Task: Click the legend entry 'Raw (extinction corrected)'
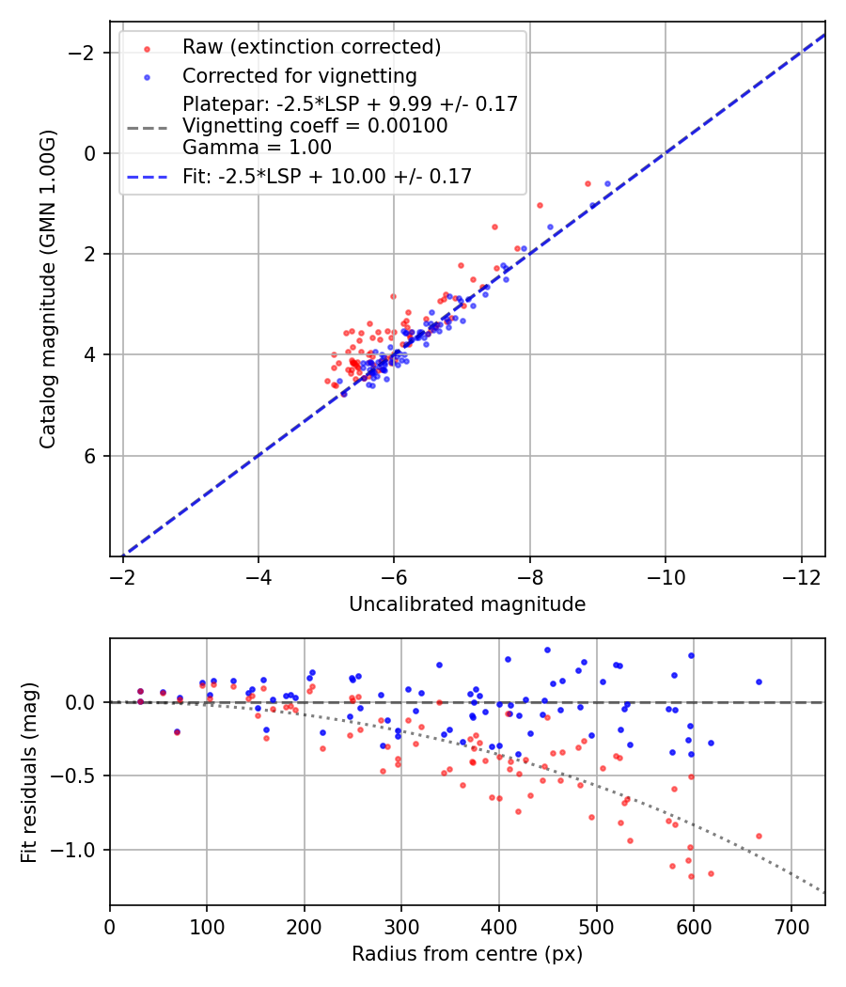point(311,47)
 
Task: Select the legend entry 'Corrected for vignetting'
point(299,75)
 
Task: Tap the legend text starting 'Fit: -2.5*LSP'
point(327,176)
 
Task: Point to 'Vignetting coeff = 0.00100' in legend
point(315,126)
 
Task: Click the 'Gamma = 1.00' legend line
point(257,148)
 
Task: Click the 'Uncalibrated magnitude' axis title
point(467,604)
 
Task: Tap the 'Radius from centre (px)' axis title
point(467,954)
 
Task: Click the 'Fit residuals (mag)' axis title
point(29,772)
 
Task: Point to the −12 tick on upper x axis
point(801,574)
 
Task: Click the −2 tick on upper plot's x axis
point(122,574)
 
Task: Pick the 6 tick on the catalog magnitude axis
point(91,456)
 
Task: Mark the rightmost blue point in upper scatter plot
point(607,183)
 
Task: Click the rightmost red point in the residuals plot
point(759,836)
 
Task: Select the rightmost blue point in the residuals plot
point(759,681)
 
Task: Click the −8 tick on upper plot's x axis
point(529,574)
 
